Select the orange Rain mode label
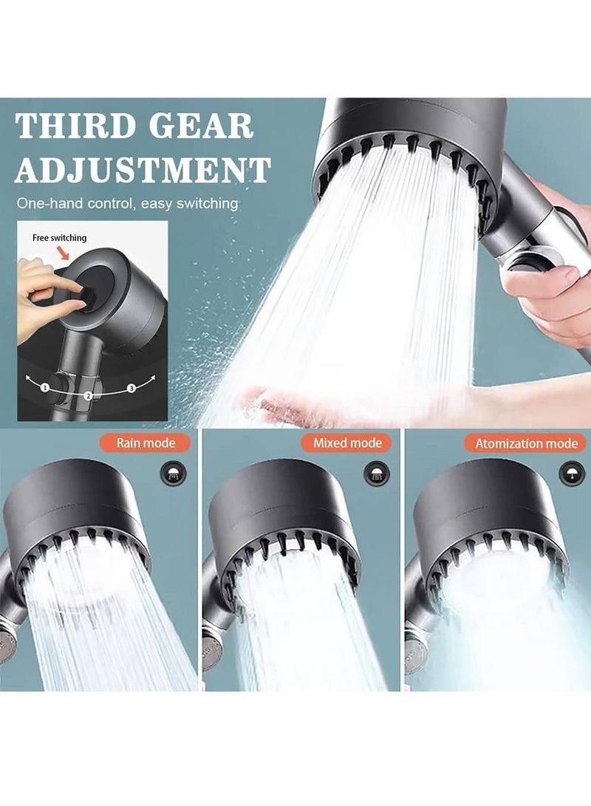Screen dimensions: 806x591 (x=146, y=443)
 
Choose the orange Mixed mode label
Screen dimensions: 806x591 (x=346, y=443)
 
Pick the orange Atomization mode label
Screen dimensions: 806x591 (x=525, y=444)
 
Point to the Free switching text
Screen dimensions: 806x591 (x=59, y=238)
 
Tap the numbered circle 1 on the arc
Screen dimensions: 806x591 (x=45, y=387)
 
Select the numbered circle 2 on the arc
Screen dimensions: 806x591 (x=88, y=396)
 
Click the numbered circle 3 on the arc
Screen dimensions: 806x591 (x=131, y=388)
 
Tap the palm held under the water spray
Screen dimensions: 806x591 (x=310, y=403)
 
